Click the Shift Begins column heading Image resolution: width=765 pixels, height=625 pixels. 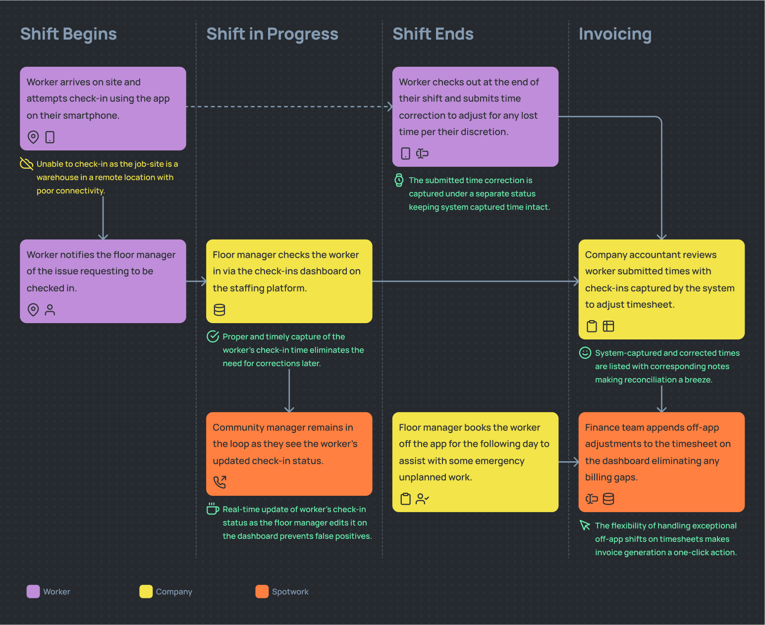pyautogui.click(x=68, y=34)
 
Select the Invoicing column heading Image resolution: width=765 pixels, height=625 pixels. pyautogui.click(x=615, y=34)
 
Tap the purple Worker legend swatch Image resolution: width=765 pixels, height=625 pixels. pyautogui.click(x=33, y=591)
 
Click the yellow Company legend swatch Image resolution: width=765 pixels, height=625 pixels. pyautogui.click(x=146, y=591)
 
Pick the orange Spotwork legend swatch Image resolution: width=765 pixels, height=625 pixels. pyautogui.click(x=262, y=591)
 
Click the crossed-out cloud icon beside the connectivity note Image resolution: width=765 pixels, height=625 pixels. pyautogui.click(x=26, y=164)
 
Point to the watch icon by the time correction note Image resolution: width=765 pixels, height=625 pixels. pyautogui.click(x=399, y=180)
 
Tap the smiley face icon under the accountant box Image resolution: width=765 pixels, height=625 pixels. pyautogui.click(x=585, y=353)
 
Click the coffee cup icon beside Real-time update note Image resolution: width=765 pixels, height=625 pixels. pyautogui.click(x=213, y=509)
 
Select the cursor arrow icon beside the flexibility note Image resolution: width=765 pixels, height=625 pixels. pyautogui.click(x=585, y=526)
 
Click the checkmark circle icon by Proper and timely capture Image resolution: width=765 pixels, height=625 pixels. pyautogui.click(x=213, y=337)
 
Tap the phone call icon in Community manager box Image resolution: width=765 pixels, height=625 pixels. pyautogui.click(x=219, y=482)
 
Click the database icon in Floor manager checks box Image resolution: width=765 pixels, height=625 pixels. pyautogui.click(x=219, y=310)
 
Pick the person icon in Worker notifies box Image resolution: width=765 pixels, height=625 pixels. pyautogui.click(x=50, y=310)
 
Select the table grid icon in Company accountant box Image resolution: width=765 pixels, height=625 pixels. pyautogui.click(x=608, y=326)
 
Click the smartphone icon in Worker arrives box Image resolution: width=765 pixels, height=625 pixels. pyautogui.click(x=50, y=137)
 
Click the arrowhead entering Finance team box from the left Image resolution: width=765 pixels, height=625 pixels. pyautogui.click(x=576, y=462)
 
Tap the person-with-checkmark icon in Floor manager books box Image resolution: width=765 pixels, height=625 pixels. pyautogui.click(x=422, y=499)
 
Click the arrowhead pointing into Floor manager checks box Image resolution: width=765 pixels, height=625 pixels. pyautogui.click(x=203, y=281)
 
